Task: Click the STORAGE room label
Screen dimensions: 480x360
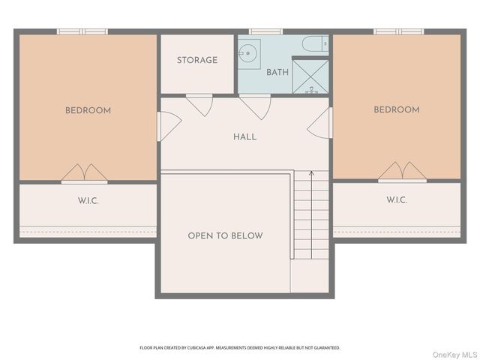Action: click(x=197, y=60)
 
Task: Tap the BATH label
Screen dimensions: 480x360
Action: click(x=277, y=72)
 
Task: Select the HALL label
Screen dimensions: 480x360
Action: click(x=245, y=136)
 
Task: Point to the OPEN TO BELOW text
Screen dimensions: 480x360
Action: click(x=225, y=235)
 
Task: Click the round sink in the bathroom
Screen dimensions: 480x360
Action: click(x=248, y=53)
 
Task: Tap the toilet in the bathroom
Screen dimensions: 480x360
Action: click(x=315, y=44)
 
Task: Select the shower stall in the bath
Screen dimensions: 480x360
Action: click(x=310, y=76)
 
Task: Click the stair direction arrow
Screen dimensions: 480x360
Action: click(x=311, y=215)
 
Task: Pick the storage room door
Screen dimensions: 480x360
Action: click(x=199, y=105)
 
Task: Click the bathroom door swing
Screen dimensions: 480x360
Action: click(x=255, y=106)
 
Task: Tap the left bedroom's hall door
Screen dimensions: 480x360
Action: click(x=169, y=127)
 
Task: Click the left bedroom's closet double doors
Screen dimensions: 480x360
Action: click(x=84, y=174)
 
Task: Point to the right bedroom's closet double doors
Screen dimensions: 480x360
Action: click(x=402, y=172)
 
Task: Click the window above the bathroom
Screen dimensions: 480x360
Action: click(x=265, y=31)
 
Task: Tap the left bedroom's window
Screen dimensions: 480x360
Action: click(x=82, y=31)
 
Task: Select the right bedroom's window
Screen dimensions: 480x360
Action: click(x=398, y=31)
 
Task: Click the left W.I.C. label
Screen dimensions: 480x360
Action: click(x=88, y=201)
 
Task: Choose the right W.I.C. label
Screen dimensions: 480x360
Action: click(x=397, y=200)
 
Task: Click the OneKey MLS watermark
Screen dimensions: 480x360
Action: click(x=454, y=355)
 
